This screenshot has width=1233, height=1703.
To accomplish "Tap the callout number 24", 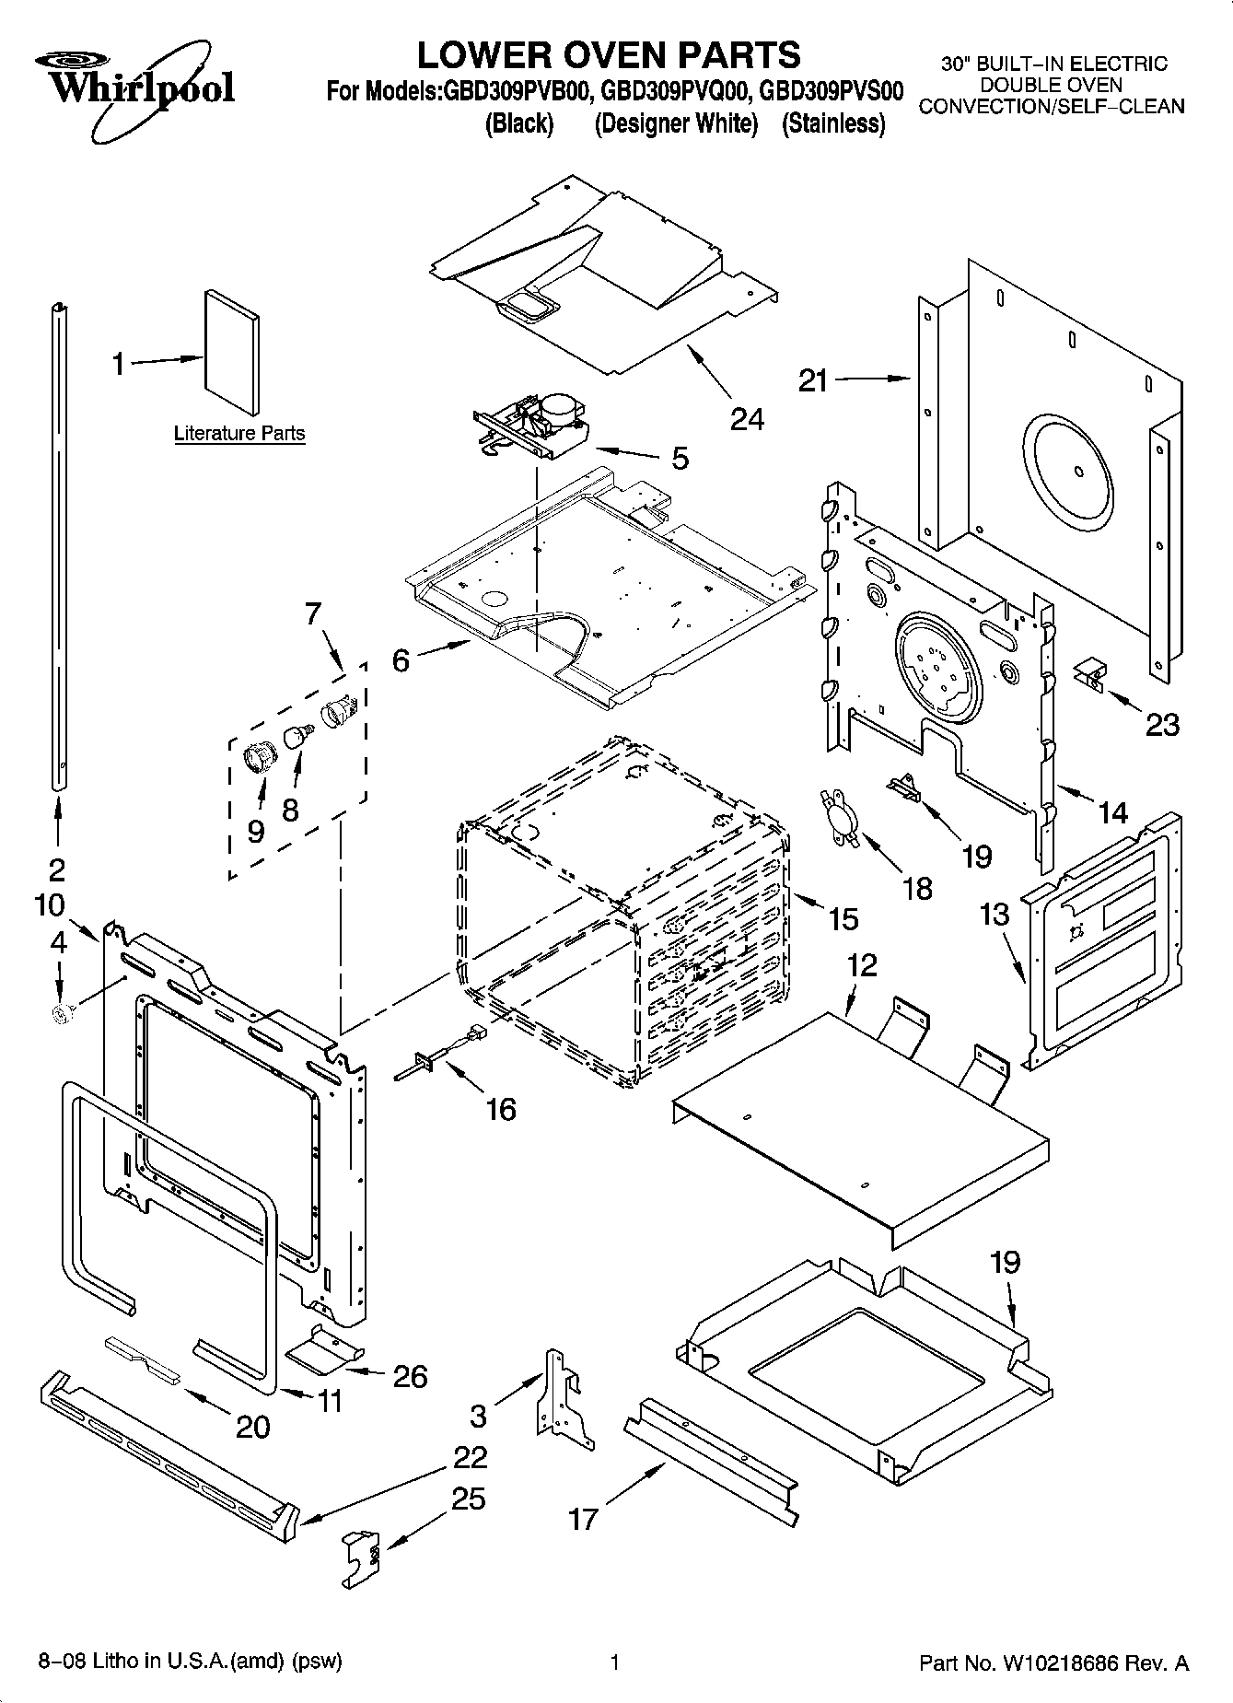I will pyautogui.click(x=747, y=419).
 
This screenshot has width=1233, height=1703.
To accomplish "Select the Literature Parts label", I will pyautogui.click(x=239, y=433).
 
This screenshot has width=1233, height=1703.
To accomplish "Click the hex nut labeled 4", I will pyautogui.click(x=63, y=1014).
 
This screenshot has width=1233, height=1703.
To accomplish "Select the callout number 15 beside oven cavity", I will pyautogui.click(x=843, y=918).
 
